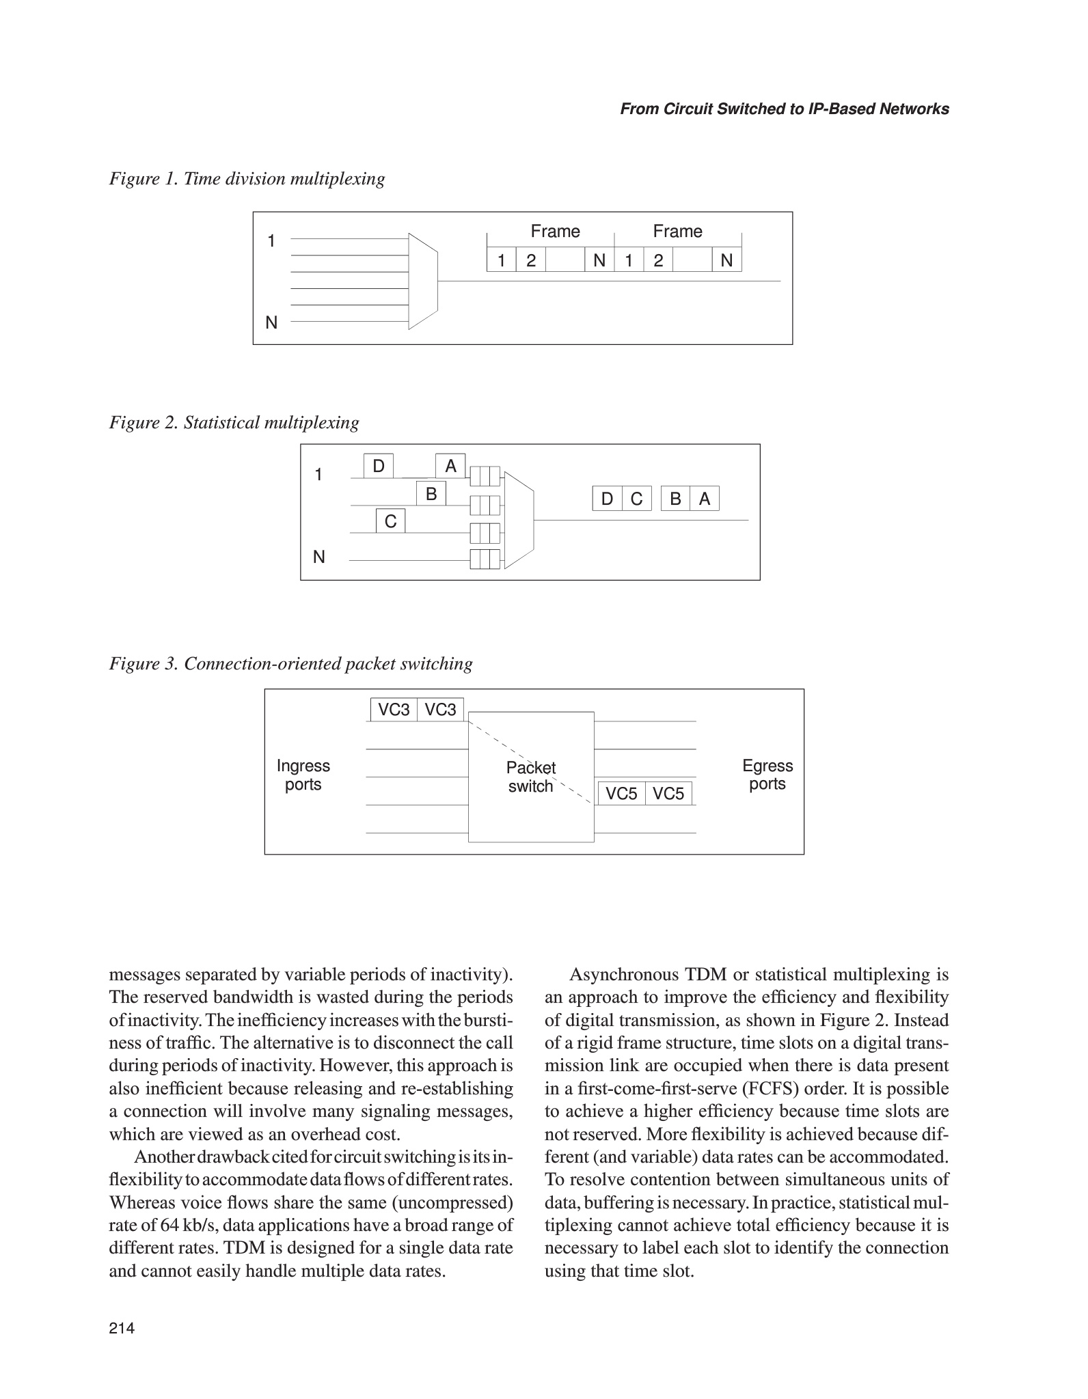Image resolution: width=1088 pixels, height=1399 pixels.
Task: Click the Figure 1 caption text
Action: (x=247, y=179)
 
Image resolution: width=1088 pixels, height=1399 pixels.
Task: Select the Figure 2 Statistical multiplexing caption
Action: (x=234, y=423)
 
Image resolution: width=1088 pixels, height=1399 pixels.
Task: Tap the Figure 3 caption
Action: (x=290, y=664)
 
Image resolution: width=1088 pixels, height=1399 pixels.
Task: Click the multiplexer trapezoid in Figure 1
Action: (x=422, y=281)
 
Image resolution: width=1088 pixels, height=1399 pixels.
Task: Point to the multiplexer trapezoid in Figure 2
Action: (x=518, y=520)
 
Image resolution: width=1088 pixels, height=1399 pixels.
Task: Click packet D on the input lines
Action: (x=378, y=467)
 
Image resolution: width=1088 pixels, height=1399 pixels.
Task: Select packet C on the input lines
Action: (x=390, y=521)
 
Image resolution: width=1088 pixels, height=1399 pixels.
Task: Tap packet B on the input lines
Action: (x=431, y=493)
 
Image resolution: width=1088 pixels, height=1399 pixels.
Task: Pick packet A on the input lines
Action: (x=450, y=467)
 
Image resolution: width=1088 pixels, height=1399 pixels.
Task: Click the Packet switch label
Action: (x=530, y=777)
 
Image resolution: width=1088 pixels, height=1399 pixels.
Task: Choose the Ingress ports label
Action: (x=303, y=775)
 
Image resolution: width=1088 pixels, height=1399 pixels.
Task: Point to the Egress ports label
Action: (x=767, y=775)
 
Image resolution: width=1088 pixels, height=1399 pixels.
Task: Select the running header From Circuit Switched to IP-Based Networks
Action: (x=784, y=109)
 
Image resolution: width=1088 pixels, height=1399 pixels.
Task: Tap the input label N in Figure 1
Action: (x=271, y=322)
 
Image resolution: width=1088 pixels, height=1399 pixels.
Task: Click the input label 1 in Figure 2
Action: (x=318, y=475)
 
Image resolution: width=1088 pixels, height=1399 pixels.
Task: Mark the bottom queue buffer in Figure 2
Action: (x=485, y=559)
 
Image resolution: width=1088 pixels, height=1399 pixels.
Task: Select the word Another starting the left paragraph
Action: (x=165, y=1157)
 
